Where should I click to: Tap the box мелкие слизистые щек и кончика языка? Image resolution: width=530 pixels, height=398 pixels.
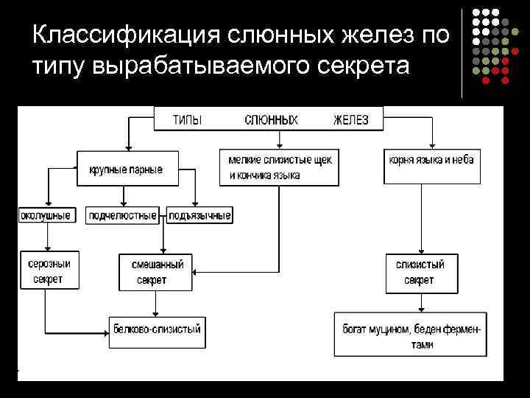(279, 168)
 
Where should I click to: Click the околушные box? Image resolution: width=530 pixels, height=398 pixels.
(46, 216)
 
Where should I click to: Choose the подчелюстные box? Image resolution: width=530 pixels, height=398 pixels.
(123, 216)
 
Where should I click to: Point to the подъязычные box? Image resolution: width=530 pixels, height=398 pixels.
(199, 216)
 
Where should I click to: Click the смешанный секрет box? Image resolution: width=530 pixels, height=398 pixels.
(155, 272)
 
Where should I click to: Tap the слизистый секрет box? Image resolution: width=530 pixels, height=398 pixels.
(420, 272)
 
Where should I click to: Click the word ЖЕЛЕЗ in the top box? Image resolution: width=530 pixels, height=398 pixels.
(350, 120)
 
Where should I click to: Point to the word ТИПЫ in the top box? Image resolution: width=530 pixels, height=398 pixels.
(186, 120)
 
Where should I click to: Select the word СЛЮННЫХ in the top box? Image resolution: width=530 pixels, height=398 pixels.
(271, 120)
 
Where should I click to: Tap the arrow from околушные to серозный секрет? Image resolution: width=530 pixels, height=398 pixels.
(46, 236)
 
